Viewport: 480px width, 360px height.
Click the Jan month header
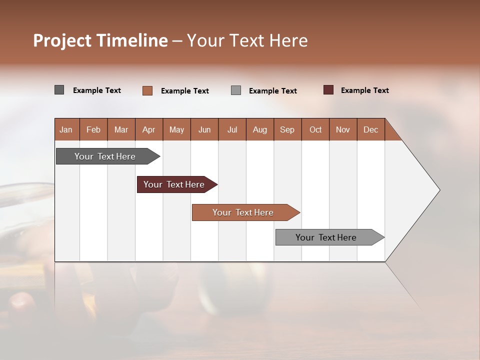coord(66,130)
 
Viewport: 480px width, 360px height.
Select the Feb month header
coord(93,130)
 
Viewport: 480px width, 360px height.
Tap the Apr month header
coord(149,130)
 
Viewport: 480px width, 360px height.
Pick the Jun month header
coord(204,130)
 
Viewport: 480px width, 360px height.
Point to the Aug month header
coord(260,130)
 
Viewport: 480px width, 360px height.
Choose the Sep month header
coord(287,130)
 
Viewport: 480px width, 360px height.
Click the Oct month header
coord(315,130)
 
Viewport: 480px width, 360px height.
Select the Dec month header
coord(371,130)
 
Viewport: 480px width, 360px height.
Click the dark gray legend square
coord(59,90)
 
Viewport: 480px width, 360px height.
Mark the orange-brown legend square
coord(147,90)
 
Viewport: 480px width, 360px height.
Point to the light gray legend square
coord(236,90)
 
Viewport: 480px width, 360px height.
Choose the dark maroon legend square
coord(328,90)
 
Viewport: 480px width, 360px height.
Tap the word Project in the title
coord(62,40)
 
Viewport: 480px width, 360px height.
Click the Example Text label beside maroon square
coord(364,90)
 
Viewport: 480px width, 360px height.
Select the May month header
coord(176,130)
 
